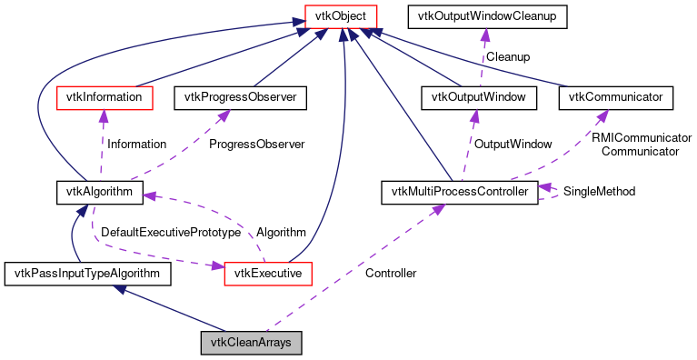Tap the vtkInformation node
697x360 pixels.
pos(100,96)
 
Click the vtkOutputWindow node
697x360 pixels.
pos(473,96)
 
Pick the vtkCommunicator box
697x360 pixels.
pos(615,96)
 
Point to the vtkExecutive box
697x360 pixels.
pos(268,272)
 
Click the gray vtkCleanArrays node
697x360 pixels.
pos(251,343)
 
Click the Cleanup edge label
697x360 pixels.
pos(509,56)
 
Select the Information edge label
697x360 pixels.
pos(136,144)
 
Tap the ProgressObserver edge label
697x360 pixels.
pos(256,144)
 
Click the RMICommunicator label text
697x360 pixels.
pos(641,137)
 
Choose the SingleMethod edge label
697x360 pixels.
pos(599,192)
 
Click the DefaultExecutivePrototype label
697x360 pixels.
pos(170,233)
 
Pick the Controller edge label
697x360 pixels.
pos(390,273)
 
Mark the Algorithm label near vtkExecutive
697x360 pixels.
pos(281,233)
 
